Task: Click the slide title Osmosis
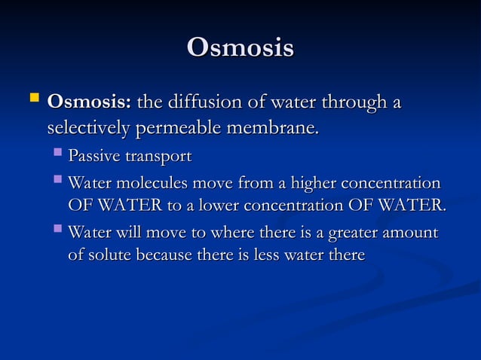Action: [x=240, y=47]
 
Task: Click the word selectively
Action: [x=88, y=128]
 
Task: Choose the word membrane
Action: [x=272, y=128]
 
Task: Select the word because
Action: [x=169, y=255]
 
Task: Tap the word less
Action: [x=268, y=255]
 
